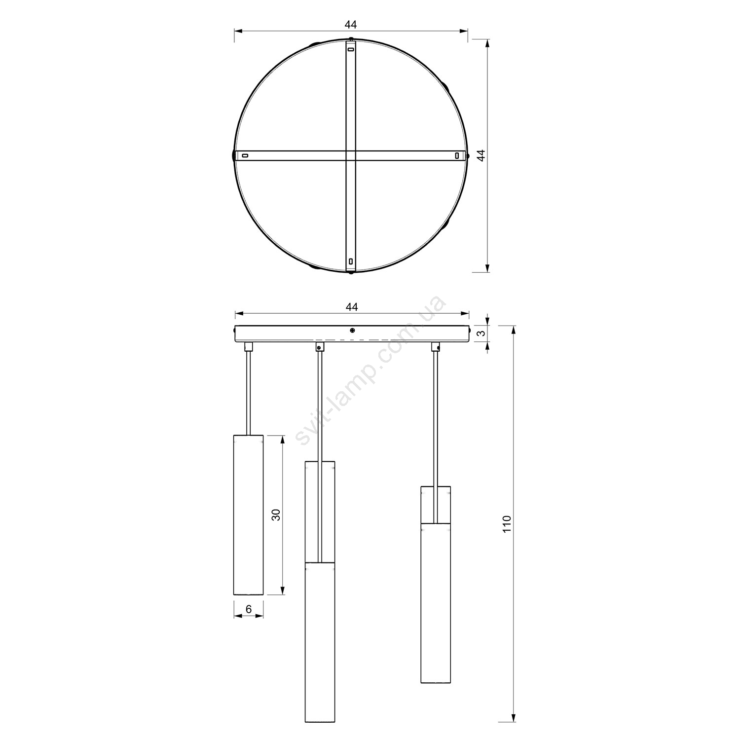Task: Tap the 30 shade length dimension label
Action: click(276, 515)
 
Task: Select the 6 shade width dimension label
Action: click(249, 609)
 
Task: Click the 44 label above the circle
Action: click(351, 24)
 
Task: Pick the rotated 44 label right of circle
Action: click(482, 155)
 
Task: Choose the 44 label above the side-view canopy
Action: click(351, 306)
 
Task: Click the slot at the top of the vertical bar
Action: click(351, 49)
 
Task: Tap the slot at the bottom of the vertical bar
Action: click(351, 261)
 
